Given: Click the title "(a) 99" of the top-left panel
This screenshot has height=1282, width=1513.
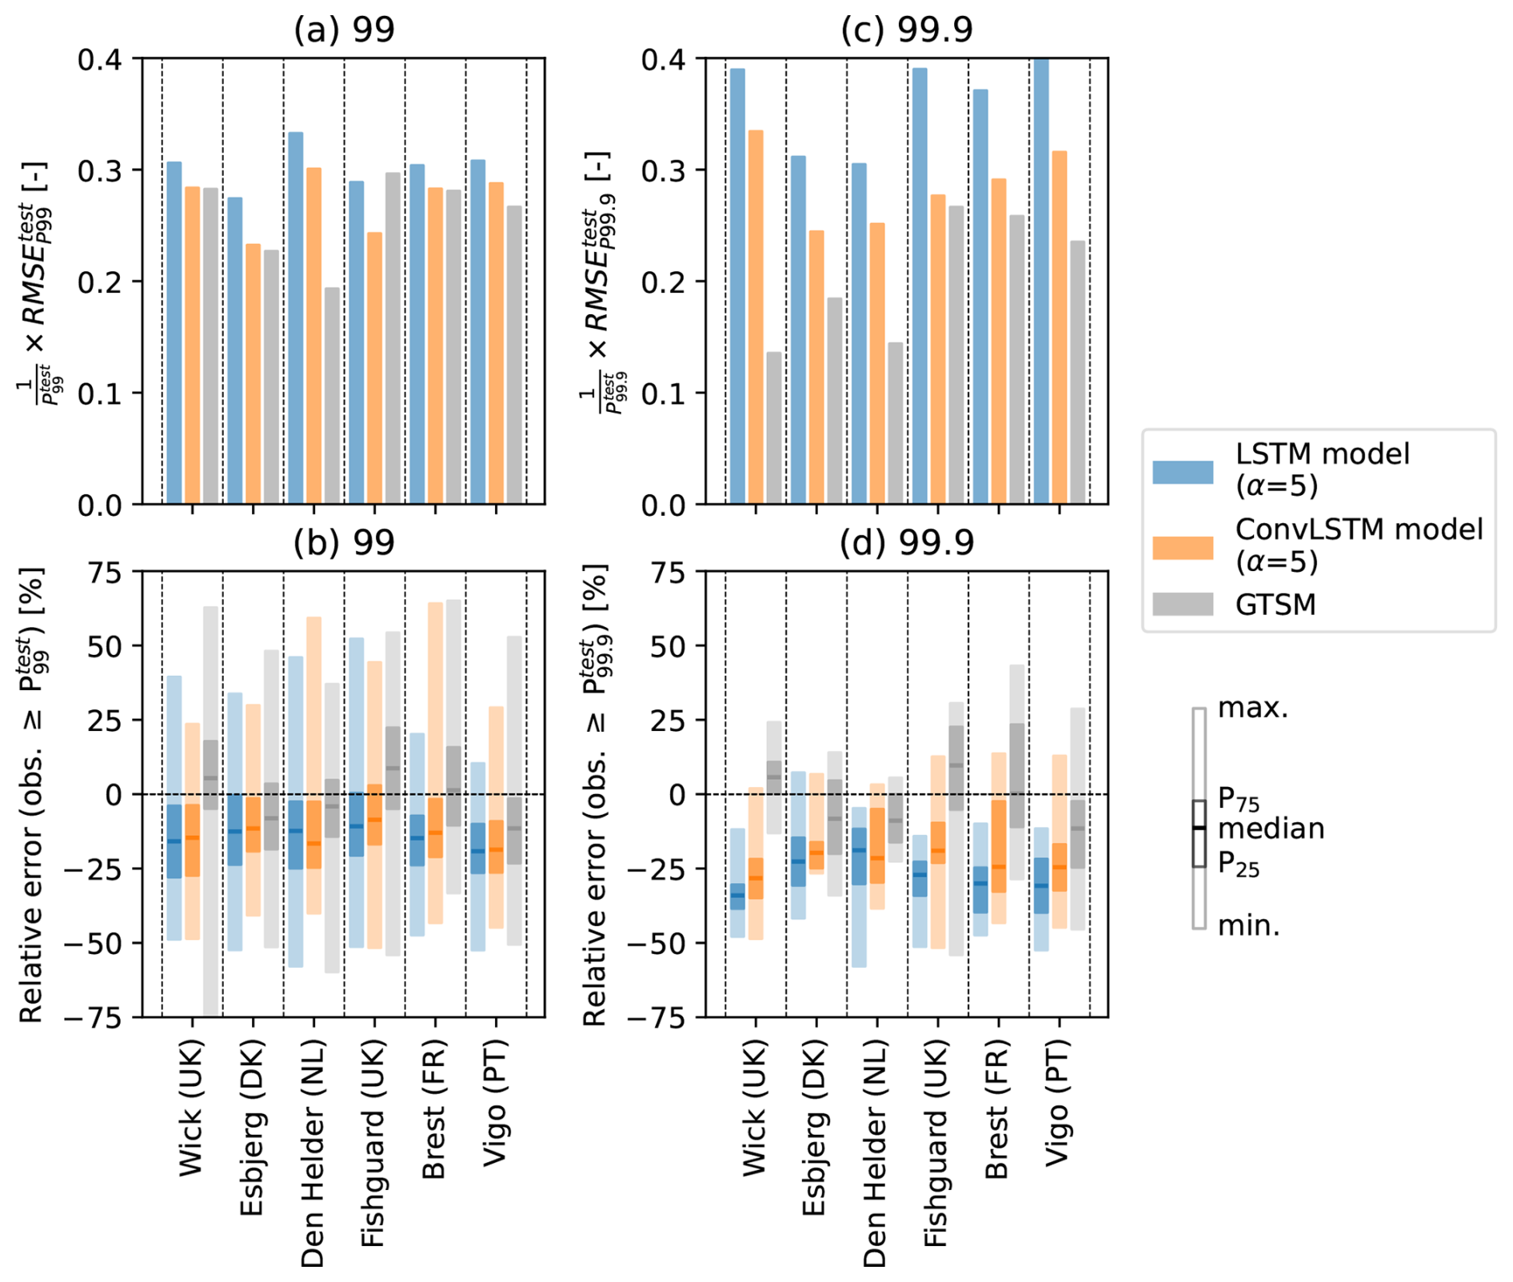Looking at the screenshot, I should [x=344, y=30].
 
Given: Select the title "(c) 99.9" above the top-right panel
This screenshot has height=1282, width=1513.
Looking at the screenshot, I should [x=907, y=30].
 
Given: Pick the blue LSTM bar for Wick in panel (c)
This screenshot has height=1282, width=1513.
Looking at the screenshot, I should [x=737, y=286].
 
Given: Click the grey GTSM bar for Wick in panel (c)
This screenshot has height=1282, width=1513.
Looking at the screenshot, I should [x=773, y=428].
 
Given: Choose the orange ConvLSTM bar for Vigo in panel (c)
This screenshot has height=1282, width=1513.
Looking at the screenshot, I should [x=1059, y=328].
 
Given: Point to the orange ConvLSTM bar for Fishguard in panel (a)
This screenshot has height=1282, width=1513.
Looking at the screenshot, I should [x=373, y=368].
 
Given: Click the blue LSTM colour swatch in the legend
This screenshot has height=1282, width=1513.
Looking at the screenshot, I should [x=1182, y=471].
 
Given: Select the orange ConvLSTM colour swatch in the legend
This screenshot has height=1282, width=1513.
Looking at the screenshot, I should [x=1182, y=548].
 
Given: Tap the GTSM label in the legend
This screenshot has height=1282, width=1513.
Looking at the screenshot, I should [x=1275, y=605].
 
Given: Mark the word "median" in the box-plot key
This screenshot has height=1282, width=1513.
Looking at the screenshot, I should [x=1271, y=829].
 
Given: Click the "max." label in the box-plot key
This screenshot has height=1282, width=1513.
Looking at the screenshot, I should [x=1252, y=709].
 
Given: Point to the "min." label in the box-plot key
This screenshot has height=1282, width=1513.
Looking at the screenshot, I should [x=1248, y=926].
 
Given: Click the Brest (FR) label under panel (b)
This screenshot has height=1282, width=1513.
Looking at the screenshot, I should [x=433, y=1109].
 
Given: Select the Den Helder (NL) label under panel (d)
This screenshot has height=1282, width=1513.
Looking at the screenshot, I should [x=875, y=1152].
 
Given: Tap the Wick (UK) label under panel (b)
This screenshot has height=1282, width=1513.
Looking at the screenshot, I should [x=190, y=1108].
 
